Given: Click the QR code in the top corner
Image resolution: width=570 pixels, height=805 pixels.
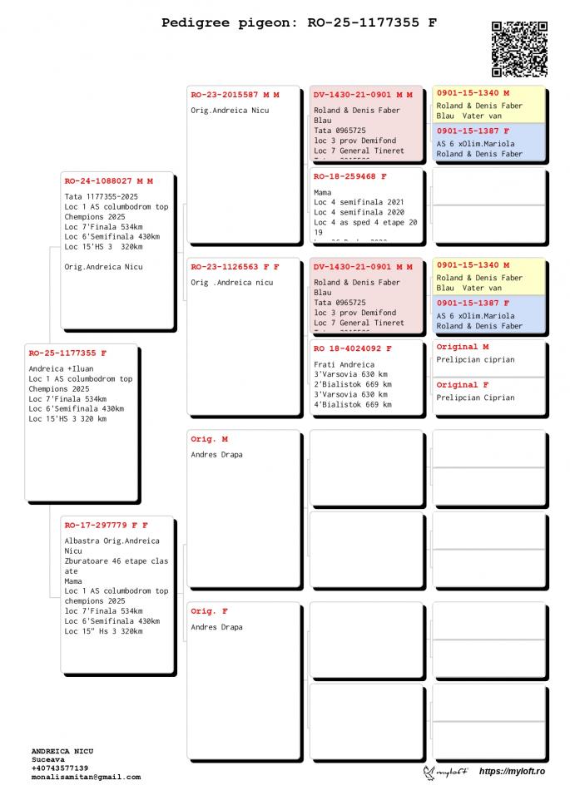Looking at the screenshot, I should pos(519,49).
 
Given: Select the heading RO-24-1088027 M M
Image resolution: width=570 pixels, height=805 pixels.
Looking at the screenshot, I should pos(108,180).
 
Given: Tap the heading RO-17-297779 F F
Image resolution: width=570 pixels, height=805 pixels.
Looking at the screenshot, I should pos(106,525).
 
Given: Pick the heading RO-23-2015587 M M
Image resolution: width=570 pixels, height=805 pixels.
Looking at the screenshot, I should pos(235,95).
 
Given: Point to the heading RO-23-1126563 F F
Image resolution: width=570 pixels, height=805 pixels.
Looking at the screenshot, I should pos(235,267).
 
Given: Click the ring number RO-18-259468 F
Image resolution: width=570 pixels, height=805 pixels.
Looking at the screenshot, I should pos(349,176).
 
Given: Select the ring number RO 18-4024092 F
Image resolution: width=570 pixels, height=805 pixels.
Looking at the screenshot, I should pos(352,348).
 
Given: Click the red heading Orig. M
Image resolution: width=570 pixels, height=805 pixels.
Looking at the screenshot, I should pos(209,438).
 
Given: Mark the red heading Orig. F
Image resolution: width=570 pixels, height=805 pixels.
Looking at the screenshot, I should pos(209,611).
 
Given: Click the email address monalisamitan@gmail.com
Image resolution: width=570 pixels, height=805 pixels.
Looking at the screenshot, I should pos(86,777).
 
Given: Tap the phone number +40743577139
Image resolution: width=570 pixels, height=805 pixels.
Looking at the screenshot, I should pos(60,768).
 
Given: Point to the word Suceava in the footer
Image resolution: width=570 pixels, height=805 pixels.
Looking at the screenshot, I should pos(48,759).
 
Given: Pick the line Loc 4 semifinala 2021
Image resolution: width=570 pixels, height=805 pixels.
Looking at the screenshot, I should pos(359,202).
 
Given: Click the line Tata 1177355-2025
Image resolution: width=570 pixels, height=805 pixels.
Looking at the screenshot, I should pos(101,196).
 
